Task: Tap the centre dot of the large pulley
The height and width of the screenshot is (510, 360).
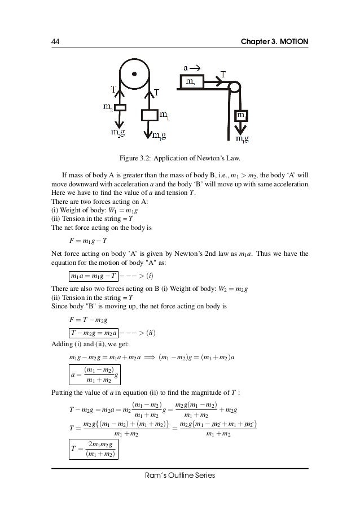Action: tap(134, 73)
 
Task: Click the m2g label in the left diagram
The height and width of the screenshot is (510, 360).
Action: tap(117, 134)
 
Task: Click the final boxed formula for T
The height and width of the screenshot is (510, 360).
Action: tap(94, 449)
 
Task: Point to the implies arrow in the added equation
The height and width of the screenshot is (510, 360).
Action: tap(149, 356)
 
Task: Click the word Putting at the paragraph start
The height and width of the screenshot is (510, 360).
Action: tap(63, 394)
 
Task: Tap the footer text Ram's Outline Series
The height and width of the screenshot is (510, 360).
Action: tap(180, 476)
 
